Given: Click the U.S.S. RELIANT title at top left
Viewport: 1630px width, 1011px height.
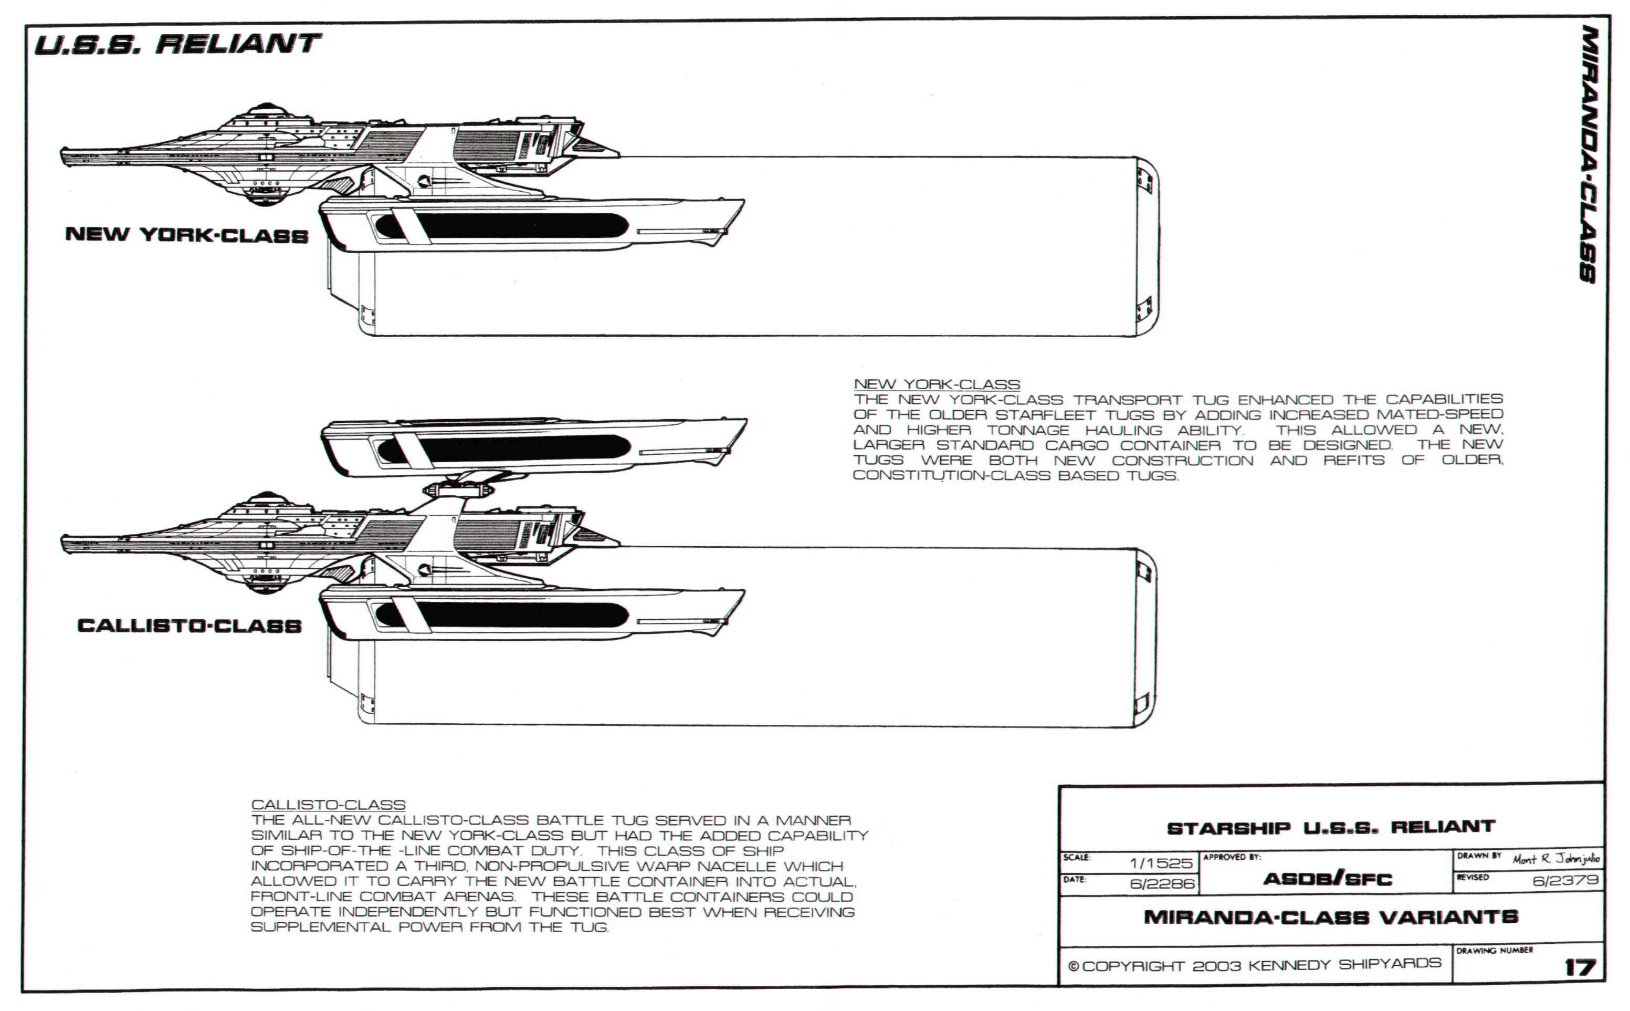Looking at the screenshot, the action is point(177,45).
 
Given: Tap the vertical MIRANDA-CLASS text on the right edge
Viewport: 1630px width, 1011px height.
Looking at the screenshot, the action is point(1589,154).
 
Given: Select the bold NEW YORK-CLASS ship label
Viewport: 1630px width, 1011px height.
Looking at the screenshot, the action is point(187,235).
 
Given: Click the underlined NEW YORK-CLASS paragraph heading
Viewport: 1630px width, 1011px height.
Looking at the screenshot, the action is point(937,384).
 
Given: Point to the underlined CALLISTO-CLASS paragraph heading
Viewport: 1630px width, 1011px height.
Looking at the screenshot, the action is point(328,805).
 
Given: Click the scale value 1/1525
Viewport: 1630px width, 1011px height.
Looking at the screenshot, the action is point(1161,863).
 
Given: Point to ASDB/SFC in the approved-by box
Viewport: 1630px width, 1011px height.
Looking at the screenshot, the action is point(1327,879).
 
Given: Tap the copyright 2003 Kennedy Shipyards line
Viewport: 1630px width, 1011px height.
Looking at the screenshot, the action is point(1255,965).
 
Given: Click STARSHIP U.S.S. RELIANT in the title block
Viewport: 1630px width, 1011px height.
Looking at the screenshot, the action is point(1331,828).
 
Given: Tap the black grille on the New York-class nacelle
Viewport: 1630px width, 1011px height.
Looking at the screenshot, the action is point(501,227).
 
